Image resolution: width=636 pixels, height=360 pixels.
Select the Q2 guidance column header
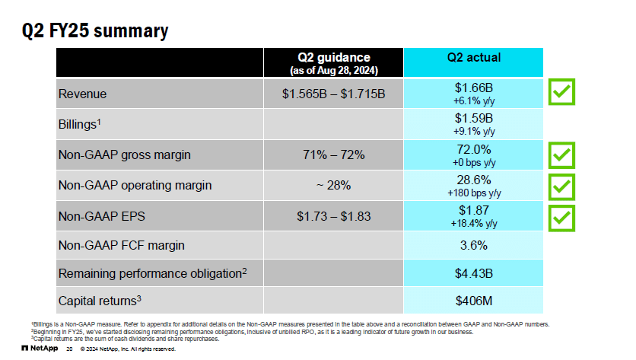coord(334,62)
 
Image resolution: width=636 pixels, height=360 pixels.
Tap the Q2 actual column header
coord(472,58)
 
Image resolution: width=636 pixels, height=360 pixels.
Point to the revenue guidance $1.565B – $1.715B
coord(334,94)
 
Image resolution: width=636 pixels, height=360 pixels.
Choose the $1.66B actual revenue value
coord(472,88)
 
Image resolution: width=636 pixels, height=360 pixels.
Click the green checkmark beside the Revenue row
coord(562,93)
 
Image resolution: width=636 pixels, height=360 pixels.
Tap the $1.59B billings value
coord(472,119)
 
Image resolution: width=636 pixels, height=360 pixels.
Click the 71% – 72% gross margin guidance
coord(334,155)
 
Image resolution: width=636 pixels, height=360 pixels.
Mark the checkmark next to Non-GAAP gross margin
coord(562,155)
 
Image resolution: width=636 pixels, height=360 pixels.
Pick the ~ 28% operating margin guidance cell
coord(334,185)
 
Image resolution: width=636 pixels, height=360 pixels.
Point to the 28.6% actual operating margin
coord(472,180)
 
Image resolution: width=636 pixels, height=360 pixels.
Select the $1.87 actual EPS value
coord(472,210)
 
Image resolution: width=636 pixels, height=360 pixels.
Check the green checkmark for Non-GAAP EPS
coord(562,216)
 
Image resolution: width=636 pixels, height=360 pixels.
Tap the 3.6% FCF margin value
coord(472,246)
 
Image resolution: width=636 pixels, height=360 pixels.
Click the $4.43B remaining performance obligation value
coord(472,272)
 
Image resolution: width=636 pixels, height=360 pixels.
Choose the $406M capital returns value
coord(472,300)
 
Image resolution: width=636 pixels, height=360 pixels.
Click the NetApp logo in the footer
coord(40,349)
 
